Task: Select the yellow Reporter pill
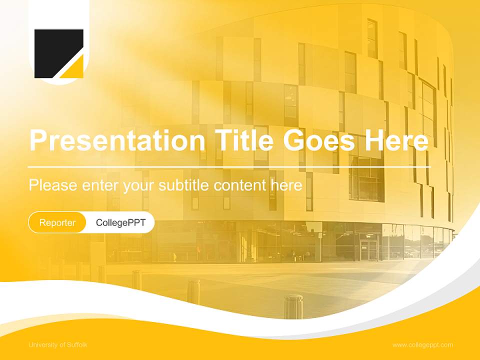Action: [x=57, y=222]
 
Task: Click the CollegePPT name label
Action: [x=120, y=222]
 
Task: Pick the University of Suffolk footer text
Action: [x=58, y=344]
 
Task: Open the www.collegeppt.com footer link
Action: [x=422, y=344]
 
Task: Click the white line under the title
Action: [x=229, y=166]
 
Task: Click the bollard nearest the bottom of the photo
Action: [x=293, y=305]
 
